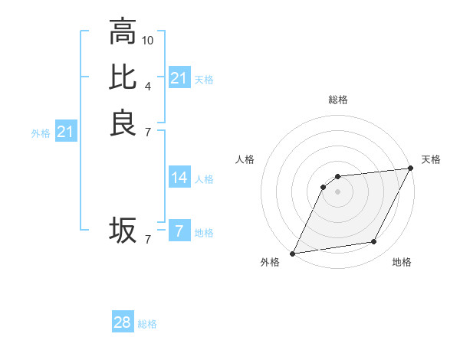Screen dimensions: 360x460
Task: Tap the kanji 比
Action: click(123, 77)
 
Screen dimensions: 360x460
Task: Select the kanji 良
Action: click(123, 123)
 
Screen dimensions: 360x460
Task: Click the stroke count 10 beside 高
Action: click(148, 39)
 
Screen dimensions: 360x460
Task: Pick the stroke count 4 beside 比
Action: click(148, 85)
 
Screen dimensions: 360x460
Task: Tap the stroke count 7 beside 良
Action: click(148, 132)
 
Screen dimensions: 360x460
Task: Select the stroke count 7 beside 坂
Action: click(148, 239)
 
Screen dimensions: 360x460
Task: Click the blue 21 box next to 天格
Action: click(179, 78)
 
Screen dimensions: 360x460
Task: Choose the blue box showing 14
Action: click(179, 178)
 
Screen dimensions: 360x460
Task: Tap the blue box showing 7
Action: click(179, 231)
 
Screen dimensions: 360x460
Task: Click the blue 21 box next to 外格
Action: click(66, 133)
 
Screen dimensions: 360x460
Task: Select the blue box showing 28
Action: click(123, 322)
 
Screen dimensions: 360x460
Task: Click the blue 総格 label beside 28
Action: click(148, 324)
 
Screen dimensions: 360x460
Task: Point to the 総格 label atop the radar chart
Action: click(338, 100)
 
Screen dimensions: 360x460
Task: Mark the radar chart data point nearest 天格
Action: click(412, 169)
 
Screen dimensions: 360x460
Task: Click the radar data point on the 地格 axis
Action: click(374, 242)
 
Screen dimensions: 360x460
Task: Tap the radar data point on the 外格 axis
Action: click(293, 253)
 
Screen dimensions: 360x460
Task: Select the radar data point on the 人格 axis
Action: click(324, 186)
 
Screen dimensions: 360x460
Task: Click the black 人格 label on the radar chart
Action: click(245, 159)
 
